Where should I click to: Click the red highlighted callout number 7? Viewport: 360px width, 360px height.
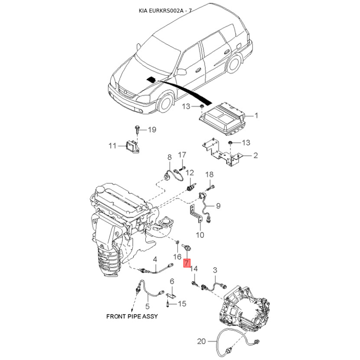[x=187, y=263]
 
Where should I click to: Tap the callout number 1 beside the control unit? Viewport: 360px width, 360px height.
[x=256, y=116]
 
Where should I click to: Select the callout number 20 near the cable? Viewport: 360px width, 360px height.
[x=201, y=342]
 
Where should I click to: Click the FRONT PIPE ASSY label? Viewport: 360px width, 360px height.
[x=132, y=316]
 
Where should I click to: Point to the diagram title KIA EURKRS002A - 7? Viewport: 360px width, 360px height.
[x=165, y=10]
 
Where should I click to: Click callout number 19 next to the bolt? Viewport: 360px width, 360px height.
[x=152, y=130]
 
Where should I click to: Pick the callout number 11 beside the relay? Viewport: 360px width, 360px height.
[x=112, y=146]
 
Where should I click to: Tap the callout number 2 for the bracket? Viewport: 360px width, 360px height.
[x=256, y=155]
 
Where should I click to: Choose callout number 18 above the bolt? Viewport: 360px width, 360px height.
[x=209, y=175]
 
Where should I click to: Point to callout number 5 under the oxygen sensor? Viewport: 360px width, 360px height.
[x=148, y=306]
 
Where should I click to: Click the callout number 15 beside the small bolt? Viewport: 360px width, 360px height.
[x=182, y=304]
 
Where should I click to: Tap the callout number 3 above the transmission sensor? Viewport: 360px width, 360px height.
[x=215, y=270]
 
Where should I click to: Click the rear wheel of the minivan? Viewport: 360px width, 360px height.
[x=234, y=63]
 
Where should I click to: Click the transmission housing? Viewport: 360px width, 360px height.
[x=245, y=306]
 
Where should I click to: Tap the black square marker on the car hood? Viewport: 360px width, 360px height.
[x=151, y=80]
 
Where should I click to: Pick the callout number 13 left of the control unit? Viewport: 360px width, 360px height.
[x=186, y=106]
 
